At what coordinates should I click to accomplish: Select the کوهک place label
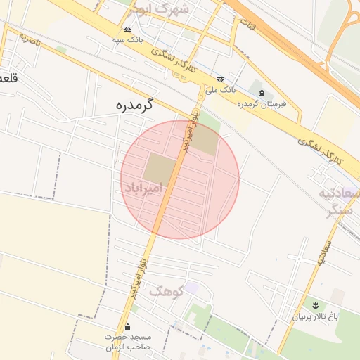[x=165, y=290]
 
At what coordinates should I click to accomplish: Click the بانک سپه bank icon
[x=127, y=30]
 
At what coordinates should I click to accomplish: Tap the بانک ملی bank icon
[x=221, y=79]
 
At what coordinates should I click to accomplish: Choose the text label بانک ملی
[x=220, y=90]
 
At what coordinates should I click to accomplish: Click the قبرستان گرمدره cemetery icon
[x=262, y=94]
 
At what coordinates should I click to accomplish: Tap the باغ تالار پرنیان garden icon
[x=314, y=305]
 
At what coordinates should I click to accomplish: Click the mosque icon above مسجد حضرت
[x=127, y=326]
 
